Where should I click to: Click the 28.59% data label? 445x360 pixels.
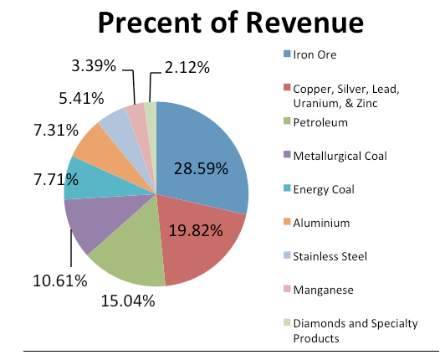[201, 169]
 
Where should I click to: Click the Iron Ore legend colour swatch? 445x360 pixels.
[287, 54]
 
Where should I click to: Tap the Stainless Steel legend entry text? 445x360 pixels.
[330, 255]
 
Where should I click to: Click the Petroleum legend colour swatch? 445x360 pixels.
[287, 122]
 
